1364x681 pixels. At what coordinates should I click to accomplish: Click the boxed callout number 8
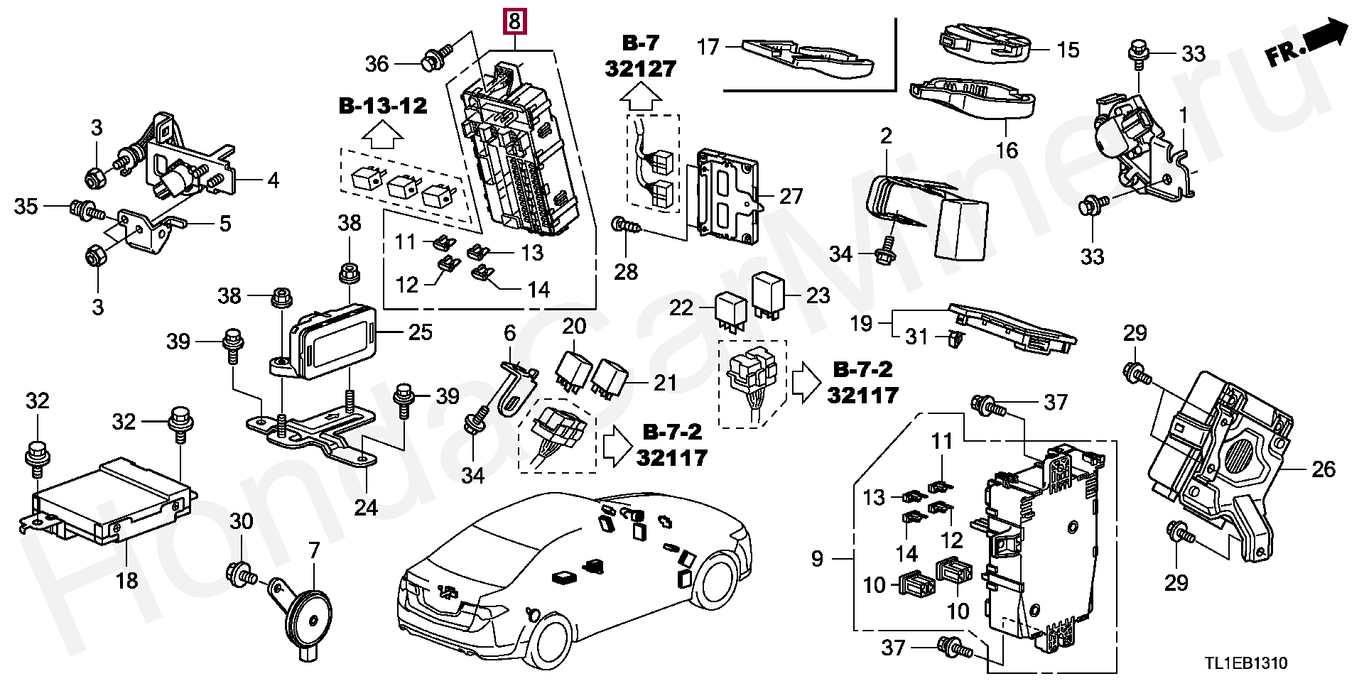point(514,23)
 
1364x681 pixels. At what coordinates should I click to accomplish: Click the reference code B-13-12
point(383,106)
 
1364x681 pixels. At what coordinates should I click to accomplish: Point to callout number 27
point(791,196)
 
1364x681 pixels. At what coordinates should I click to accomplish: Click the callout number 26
point(1324,469)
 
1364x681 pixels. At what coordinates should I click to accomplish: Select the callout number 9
point(817,559)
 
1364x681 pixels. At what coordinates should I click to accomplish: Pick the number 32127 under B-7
point(641,68)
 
